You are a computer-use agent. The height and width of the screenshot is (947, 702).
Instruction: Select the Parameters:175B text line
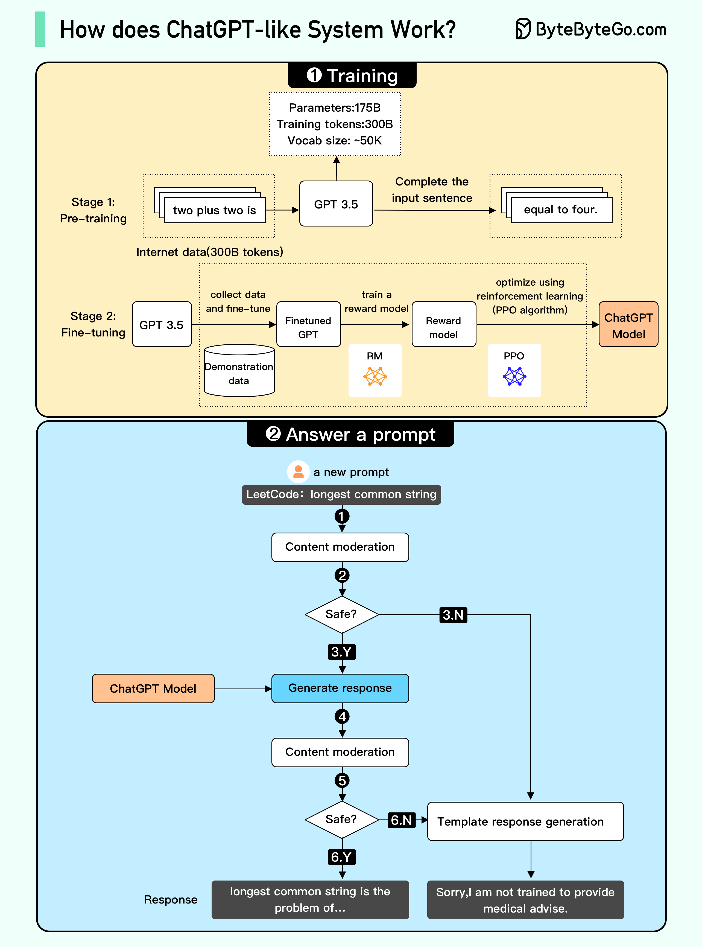point(334,108)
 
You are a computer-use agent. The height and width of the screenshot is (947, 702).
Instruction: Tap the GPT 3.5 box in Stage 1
point(336,204)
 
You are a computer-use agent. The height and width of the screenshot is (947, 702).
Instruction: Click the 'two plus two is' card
point(215,210)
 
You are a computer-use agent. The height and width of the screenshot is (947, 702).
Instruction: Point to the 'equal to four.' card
point(561,210)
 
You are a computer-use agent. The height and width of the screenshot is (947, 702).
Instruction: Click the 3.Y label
point(341,652)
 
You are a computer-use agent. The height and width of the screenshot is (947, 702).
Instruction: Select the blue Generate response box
point(340,688)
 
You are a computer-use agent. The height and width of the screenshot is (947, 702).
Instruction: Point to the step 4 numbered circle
point(342,716)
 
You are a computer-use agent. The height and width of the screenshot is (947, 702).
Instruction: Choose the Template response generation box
point(525,821)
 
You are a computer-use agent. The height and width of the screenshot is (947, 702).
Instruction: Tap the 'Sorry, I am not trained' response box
point(525,900)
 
